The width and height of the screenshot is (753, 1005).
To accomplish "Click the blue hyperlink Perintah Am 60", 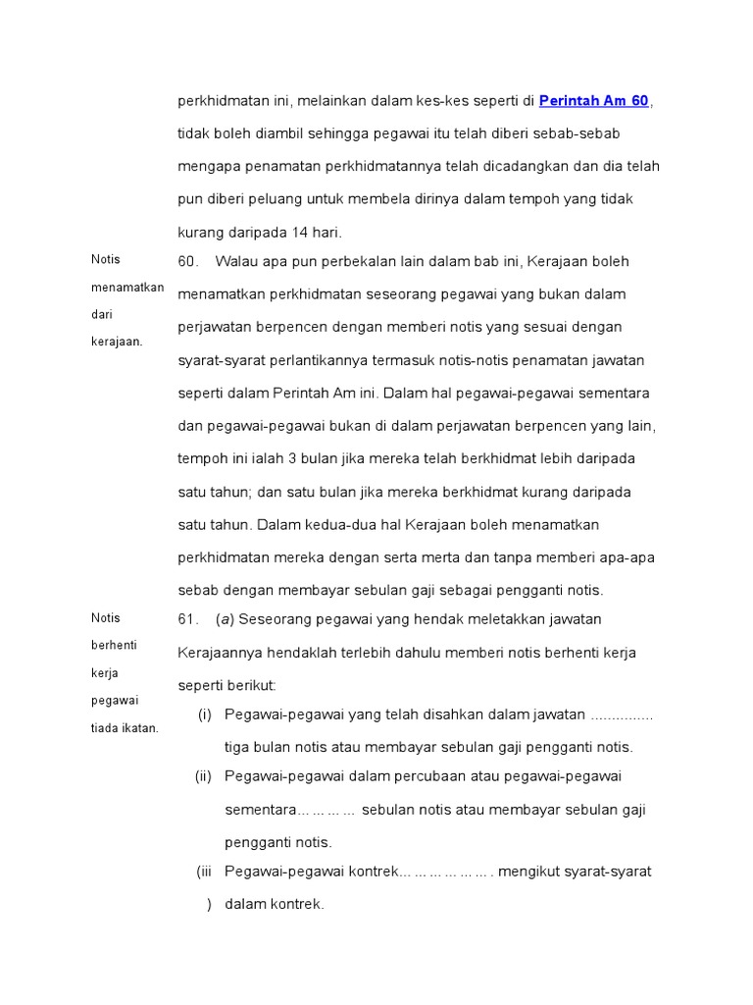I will tap(594, 101).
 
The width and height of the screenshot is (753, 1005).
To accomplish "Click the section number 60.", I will tap(188, 261).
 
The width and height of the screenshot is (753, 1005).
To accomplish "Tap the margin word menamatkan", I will tap(127, 287).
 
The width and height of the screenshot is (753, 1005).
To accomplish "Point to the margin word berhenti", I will tap(116, 645).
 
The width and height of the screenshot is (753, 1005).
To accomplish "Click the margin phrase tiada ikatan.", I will tap(125, 727).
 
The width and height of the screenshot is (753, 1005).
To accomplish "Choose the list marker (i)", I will tap(205, 714).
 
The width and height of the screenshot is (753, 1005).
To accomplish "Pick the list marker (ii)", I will tap(203, 776).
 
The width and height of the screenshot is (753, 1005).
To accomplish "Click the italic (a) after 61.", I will tap(225, 619).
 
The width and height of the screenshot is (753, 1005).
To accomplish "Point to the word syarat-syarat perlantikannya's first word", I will tap(219, 360).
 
